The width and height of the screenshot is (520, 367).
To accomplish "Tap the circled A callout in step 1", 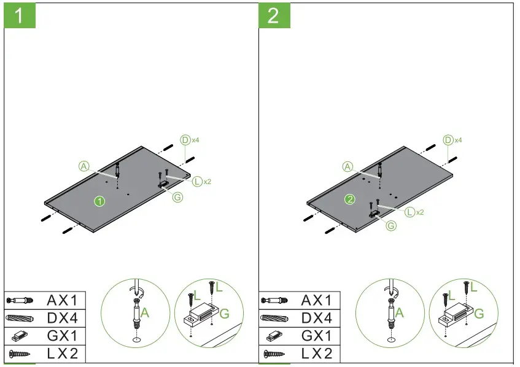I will pos(84,165).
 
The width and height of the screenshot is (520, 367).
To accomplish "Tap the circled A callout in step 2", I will pos(348,166).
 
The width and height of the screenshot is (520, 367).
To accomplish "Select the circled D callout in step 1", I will pos(185,140).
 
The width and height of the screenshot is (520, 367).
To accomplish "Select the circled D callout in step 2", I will pos(448,140).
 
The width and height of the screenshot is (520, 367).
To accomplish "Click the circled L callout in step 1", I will pos(196,182).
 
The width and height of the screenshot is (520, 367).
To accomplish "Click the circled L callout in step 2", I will pos(409,212).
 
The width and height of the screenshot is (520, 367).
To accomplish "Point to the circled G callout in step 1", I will pos(177,197).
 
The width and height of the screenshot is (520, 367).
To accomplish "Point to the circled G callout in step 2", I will pos(390,225).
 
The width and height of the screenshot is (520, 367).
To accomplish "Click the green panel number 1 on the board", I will pos(98,200).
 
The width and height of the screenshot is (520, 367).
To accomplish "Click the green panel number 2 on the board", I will pos(349,199).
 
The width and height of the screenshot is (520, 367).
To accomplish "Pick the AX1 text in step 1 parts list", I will pos(63,300).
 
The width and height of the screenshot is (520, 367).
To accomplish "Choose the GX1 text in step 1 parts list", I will pos(63,336).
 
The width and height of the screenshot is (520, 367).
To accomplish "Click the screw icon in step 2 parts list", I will pos(276,353).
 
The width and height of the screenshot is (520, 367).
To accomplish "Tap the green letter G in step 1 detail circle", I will pos(225,314).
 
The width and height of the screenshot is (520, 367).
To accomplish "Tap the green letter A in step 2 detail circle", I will pos(399,312).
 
